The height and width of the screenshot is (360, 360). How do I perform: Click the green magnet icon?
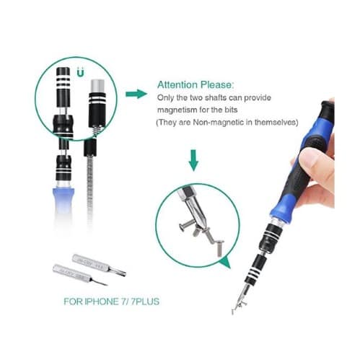(x=81, y=73)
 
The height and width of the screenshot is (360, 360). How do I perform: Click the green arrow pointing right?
(x=136, y=94)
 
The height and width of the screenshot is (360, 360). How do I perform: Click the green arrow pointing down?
(x=193, y=160)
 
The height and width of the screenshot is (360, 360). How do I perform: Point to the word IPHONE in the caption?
(x=101, y=302)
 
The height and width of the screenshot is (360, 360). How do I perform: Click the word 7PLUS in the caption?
(x=145, y=302)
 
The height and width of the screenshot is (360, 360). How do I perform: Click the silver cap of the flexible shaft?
(x=97, y=86)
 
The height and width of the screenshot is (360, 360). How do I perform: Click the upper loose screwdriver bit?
(x=99, y=265)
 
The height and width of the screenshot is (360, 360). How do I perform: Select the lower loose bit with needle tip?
(x=79, y=275)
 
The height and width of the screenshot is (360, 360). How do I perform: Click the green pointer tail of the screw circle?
(x=225, y=263)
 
